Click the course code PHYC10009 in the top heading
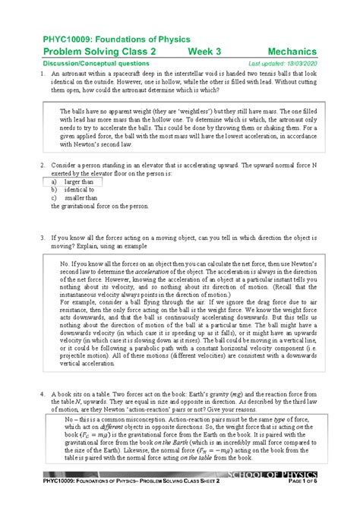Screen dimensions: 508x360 (x=60, y=38)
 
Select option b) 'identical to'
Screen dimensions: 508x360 (x=74, y=190)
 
